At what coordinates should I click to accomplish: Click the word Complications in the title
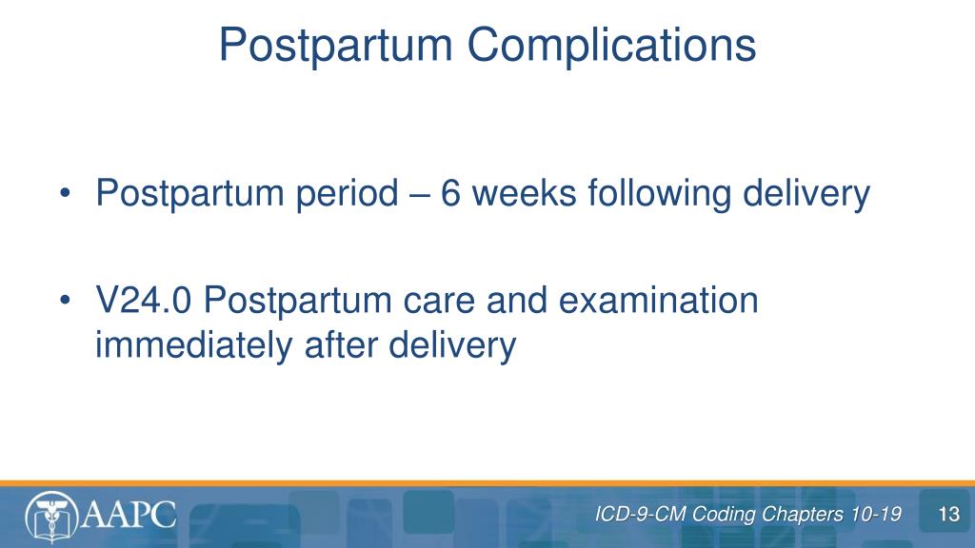click(611, 46)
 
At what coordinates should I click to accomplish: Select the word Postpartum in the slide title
click(336, 46)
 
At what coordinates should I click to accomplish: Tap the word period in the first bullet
click(347, 194)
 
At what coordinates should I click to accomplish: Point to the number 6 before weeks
click(450, 192)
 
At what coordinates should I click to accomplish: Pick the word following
click(659, 194)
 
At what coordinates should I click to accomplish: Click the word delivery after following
click(806, 194)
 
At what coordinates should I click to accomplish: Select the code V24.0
click(143, 301)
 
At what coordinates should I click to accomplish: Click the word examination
click(658, 300)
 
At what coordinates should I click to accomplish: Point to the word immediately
click(193, 345)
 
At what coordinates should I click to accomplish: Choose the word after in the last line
click(341, 344)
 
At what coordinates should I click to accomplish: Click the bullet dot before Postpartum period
click(66, 193)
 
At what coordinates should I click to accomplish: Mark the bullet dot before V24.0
click(66, 301)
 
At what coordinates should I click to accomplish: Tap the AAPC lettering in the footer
click(129, 515)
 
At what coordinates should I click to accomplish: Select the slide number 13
click(949, 515)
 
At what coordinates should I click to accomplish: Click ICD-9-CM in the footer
click(641, 515)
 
